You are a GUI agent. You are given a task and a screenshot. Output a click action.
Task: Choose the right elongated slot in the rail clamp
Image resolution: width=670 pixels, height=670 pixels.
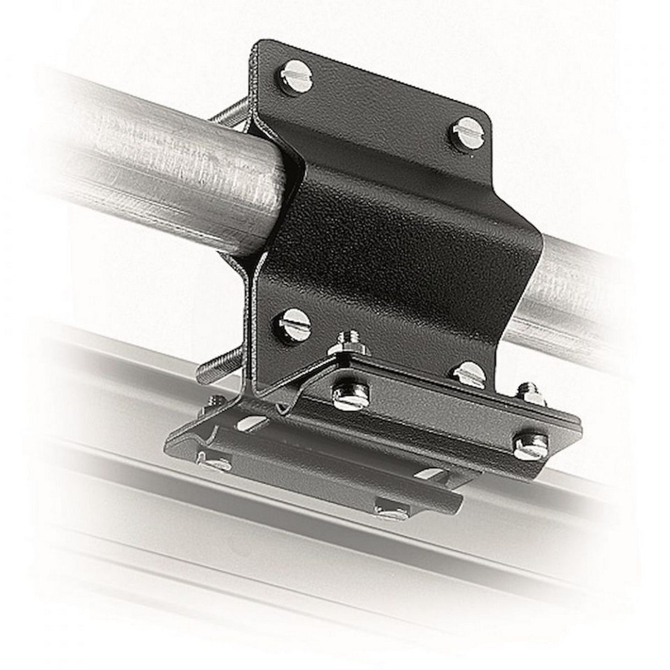[x=442, y=472]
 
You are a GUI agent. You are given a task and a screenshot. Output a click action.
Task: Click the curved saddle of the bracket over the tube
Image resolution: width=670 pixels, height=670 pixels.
[x=397, y=221]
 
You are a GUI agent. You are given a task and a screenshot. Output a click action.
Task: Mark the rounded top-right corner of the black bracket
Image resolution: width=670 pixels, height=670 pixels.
[x=486, y=119]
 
